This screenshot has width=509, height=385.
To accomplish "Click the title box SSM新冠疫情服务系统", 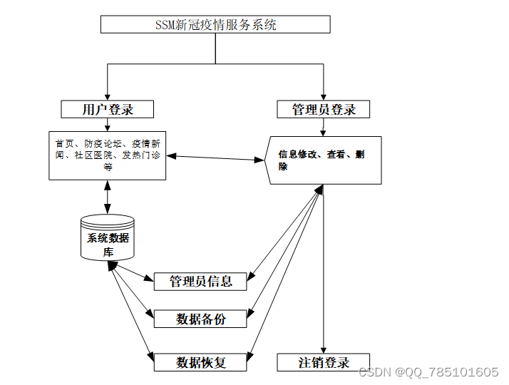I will tap(215, 25).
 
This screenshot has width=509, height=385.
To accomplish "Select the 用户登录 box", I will tap(107, 109).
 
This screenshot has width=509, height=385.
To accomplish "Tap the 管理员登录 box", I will tap(324, 109).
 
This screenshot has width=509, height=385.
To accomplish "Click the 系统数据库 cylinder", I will tap(108, 238).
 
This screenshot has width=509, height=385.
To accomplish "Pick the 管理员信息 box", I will tap(200, 281).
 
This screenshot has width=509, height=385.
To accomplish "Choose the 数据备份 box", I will tap(200, 319).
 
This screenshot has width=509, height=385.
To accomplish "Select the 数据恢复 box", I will tap(200, 362).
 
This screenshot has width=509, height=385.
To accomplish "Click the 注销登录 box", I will tap(324, 362).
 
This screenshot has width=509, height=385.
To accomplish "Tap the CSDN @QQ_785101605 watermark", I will tap(428, 372).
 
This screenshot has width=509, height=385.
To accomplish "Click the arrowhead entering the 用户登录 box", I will tap(107, 96).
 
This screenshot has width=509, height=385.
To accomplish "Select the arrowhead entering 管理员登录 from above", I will tap(324, 96).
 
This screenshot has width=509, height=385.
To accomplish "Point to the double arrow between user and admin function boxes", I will tap(217, 158).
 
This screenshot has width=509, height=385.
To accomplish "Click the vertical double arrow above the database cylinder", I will tap(108, 197).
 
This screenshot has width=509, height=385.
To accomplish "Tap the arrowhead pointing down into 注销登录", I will tap(324, 349).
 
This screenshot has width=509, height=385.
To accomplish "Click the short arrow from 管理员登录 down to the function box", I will tap(324, 127).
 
